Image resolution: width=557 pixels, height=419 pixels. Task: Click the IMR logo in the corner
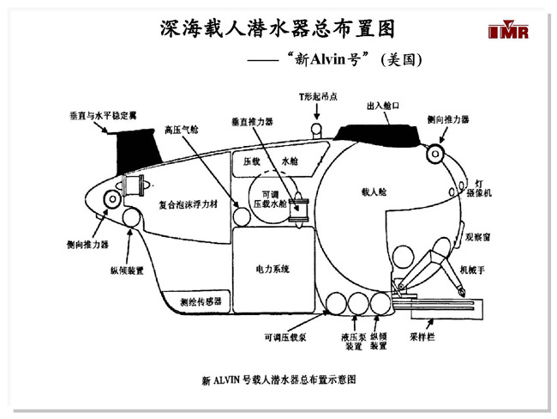(509, 30)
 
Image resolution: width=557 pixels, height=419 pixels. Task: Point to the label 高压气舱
(181, 131)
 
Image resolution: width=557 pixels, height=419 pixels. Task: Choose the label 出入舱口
(383, 106)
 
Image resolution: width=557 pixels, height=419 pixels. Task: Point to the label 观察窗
(477, 234)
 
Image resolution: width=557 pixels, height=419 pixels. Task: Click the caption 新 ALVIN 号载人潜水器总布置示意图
(278, 378)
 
